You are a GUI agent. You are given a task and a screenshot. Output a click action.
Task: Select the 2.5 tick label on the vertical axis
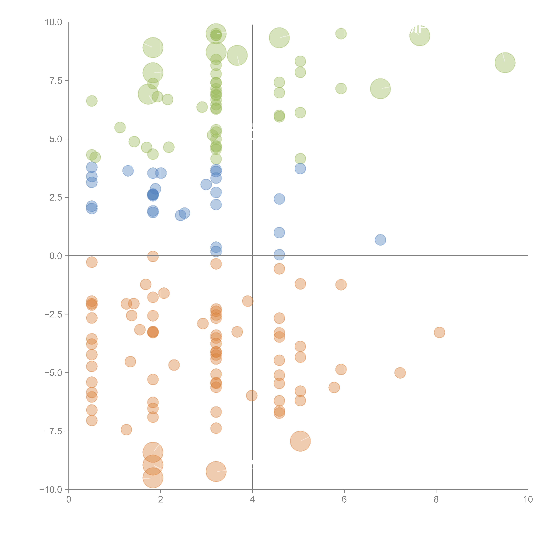tap(56, 198)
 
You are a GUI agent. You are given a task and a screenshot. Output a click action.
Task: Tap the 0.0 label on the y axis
tap(56, 256)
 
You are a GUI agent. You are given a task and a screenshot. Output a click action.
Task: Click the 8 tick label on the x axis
tap(436, 500)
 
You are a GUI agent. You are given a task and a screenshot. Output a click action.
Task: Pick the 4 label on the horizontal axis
tap(252, 500)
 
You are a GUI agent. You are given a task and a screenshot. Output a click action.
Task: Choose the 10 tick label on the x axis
tap(528, 500)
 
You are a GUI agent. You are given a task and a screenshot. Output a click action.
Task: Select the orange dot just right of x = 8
tap(440, 333)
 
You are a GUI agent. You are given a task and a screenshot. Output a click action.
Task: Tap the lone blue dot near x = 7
tap(380, 240)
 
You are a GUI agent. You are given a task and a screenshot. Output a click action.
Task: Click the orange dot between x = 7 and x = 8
tap(400, 373)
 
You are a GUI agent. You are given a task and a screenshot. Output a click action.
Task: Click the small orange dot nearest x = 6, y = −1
tap(341, 285)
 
